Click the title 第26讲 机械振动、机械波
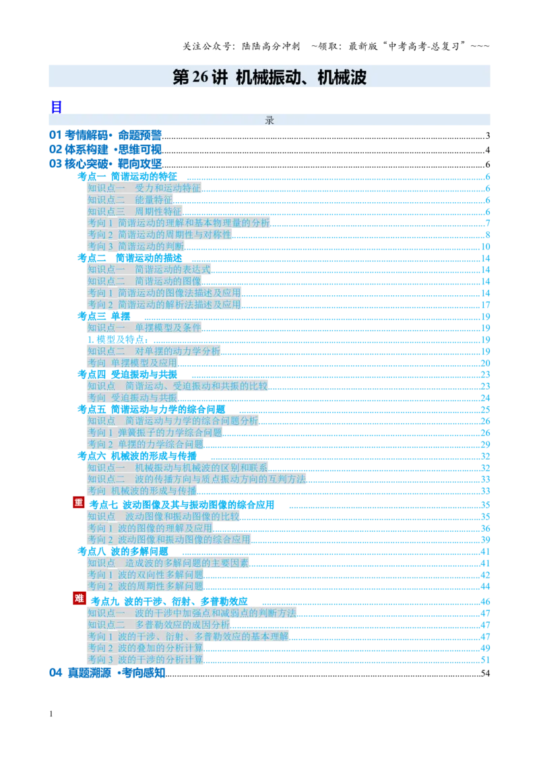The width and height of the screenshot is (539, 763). coord(269,77)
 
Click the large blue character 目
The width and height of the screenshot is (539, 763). coord(57,107)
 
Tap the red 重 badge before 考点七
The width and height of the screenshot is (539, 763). coord(79,502)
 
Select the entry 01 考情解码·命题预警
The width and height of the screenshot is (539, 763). coord(106,135)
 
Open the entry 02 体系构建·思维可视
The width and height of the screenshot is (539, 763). coord(106,150)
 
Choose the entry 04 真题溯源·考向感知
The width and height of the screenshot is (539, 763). coord(108,673)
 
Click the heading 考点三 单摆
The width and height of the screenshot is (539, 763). coord(104,316)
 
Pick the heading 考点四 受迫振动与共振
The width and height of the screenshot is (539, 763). coord(127,375)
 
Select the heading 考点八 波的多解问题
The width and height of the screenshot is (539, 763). coord(123,551)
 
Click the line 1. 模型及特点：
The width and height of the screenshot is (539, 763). coord(118,340)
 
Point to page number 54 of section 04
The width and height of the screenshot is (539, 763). coord(485,673)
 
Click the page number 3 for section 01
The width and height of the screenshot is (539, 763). coord(487,135)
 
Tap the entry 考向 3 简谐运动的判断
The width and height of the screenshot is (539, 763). coord(136,246)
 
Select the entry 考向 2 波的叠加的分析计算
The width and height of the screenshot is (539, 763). coord(146,648)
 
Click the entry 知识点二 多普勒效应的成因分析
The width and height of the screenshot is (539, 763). coord(158,625)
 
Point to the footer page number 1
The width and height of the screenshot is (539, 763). coord(51,714)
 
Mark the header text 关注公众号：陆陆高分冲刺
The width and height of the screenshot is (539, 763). coord(241,47)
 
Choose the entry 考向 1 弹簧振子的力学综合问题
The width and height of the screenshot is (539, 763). coord(155,433)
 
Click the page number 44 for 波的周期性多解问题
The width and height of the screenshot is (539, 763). coord(485,586)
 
